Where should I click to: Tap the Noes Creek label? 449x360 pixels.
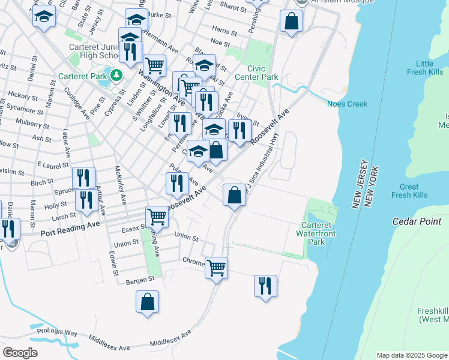click(346, 104)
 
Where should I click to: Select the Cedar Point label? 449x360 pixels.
click(417, 221)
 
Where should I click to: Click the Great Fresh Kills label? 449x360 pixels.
click(409, 191)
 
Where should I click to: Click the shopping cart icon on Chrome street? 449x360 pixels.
click(216, 267)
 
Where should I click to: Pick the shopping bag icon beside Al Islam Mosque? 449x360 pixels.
click(291, 22)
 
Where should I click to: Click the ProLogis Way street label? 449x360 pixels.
click(57, 332)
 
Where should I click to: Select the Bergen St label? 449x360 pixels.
click(140, 279)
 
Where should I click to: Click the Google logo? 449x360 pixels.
click(20, 352)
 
